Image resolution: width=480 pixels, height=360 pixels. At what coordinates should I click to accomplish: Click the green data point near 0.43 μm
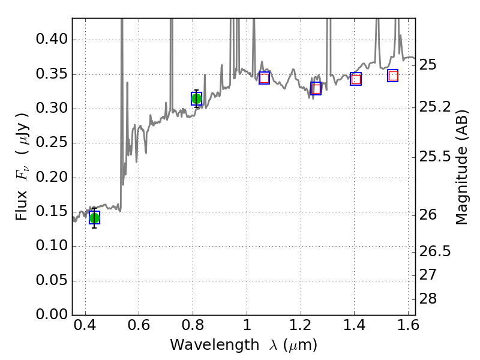(94, 218)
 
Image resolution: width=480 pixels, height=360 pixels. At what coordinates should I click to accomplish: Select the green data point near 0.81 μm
(196, 99)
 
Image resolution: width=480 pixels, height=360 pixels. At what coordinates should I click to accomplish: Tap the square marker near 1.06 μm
(264, 78)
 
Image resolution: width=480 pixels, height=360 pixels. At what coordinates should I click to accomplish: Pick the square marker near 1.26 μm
(316, 89)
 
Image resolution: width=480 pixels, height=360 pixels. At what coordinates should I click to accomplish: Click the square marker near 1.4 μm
(356, 79)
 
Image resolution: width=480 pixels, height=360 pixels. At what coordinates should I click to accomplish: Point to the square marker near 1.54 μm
(393, 76)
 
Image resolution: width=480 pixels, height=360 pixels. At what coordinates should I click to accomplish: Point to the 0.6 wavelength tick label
(139, 328)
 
